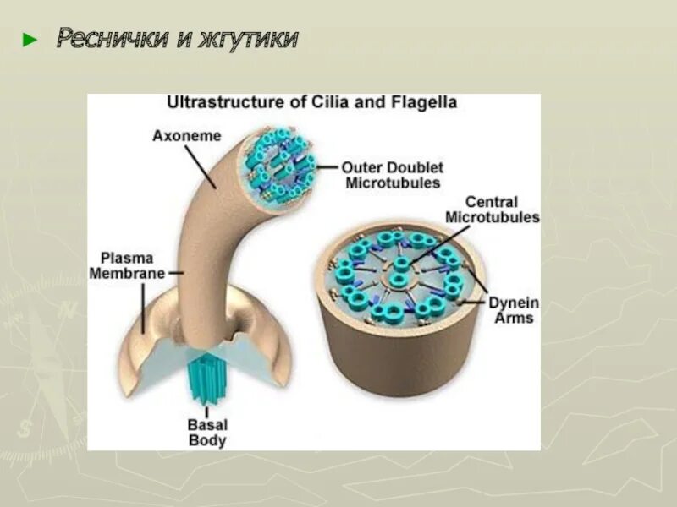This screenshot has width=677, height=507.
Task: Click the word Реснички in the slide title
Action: point(108,39)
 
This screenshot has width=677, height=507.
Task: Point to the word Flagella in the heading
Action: point(424,103)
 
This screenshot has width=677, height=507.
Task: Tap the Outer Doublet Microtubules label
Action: point(393,174)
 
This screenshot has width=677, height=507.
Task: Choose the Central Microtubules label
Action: point(492,210)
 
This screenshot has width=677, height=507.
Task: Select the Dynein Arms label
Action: point(513,310)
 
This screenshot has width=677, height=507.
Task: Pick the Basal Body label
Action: point(208,433)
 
